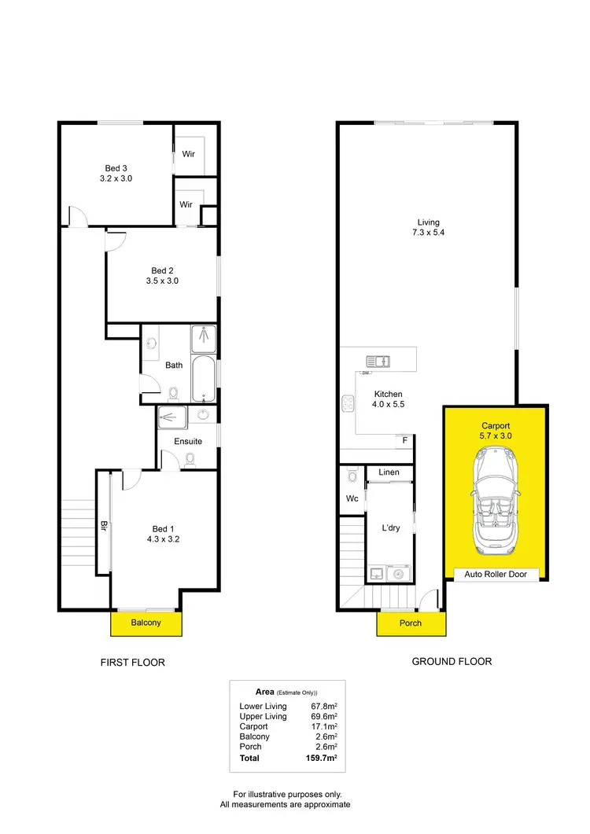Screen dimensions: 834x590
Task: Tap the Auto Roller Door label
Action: click(496, 575)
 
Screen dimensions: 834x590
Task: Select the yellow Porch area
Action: click(411, 623)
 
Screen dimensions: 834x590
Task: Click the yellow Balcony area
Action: click(146, 623)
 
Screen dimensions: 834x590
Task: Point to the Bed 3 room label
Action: click(116, 173)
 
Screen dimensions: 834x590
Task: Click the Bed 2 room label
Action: click(163, 275)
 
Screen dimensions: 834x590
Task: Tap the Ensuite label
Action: click(188, 441)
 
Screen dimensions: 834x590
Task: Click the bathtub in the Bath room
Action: click(203, 378)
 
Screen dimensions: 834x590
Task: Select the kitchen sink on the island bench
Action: click(378, 361)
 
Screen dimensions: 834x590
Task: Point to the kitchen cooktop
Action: click(347, 402)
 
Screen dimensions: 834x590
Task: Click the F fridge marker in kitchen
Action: click(405, 440)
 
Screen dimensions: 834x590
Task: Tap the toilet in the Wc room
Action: click(352, 476)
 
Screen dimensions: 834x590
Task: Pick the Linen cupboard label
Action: click(389, 472)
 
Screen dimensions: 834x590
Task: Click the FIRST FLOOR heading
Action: click(132, 663)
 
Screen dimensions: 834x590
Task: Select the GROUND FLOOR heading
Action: click(452, 661)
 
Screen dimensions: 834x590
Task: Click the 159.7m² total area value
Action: click(321, 759)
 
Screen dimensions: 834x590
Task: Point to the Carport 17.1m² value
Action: click(323, 726)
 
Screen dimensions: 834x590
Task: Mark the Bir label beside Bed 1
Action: click(103, 525)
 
